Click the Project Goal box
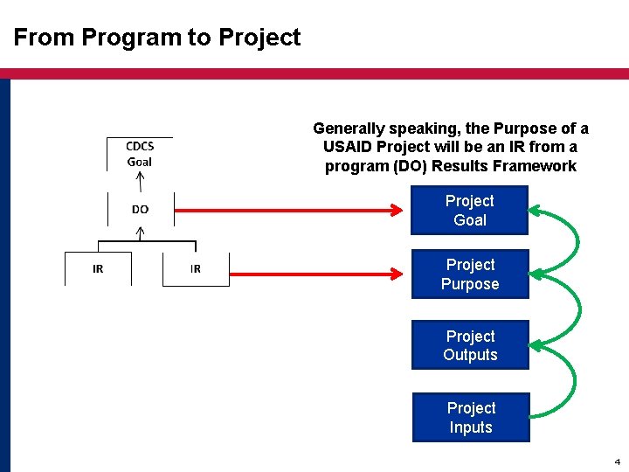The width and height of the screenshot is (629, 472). tap(470, 211)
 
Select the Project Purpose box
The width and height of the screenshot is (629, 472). tap(470, 274)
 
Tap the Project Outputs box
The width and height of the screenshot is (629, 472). tap(470, 345)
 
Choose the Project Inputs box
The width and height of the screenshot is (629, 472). tap(470, 418)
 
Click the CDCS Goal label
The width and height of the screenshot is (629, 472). tap(140, 154)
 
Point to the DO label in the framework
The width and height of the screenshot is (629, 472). tap(140, 210)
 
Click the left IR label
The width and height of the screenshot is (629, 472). tap(98, 268)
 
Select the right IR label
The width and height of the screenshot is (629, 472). tap(195, 268)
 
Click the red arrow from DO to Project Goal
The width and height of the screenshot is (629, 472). tap(288, 210)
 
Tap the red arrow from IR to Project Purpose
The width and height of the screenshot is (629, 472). tap(319, 274)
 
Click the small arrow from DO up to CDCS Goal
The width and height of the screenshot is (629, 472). tap(140, 181)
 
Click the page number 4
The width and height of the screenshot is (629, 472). tap(617, 461)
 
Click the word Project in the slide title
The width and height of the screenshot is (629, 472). tap(259, 38)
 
